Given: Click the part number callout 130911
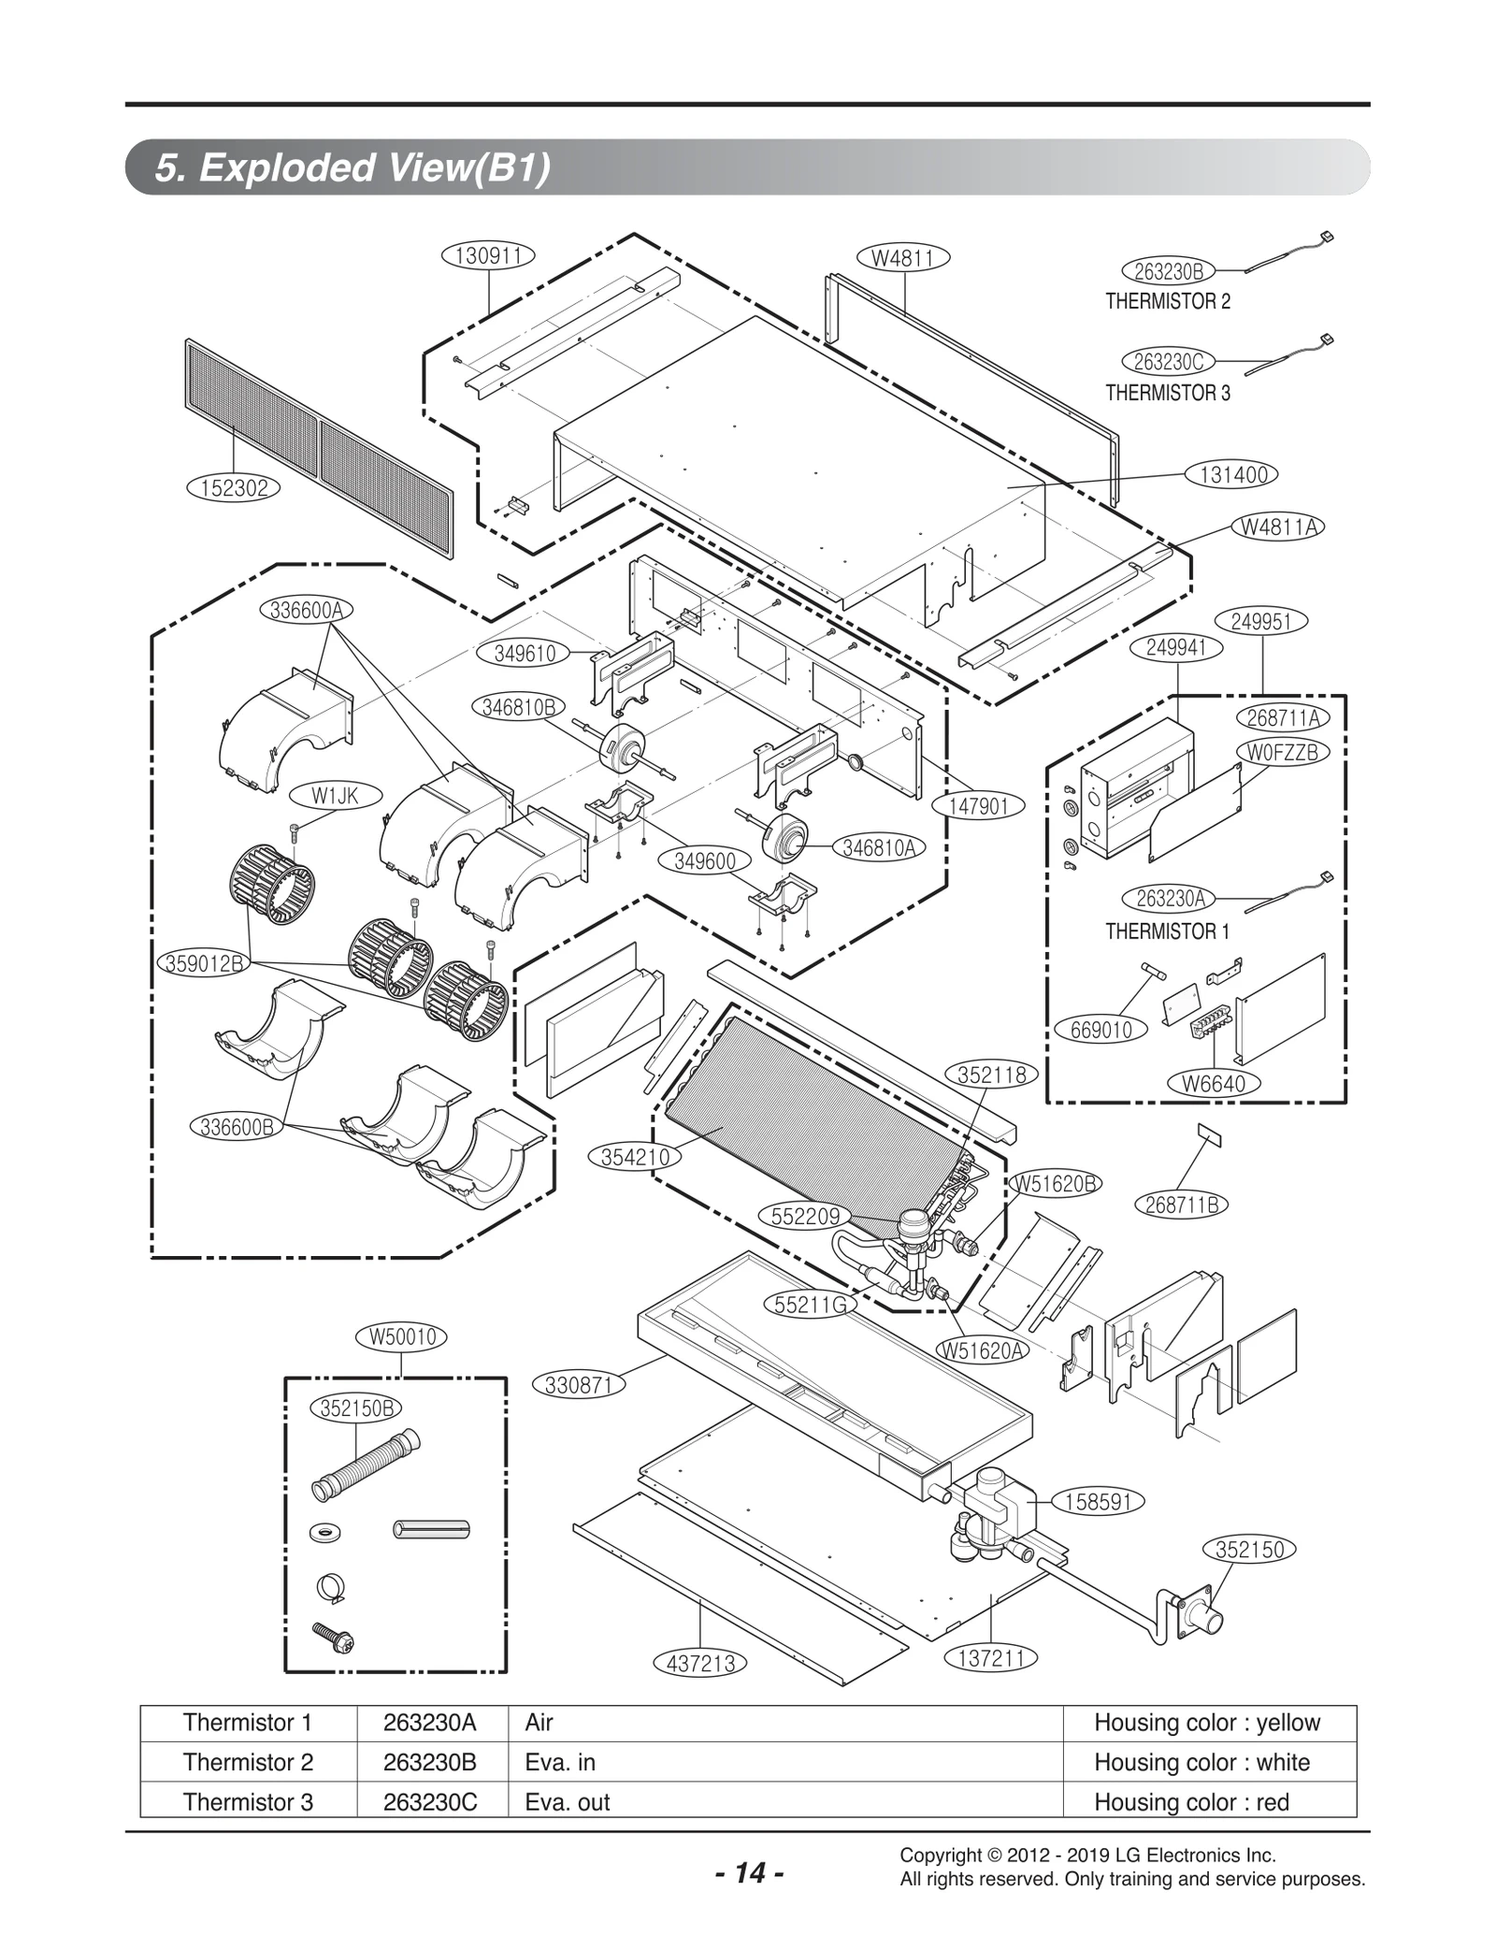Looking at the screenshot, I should tap(488, 255).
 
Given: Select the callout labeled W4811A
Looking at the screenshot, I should tap(1279, 527).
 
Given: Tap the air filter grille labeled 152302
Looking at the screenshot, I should tap(318, 448).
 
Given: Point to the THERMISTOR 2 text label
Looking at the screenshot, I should tap(1168, 302).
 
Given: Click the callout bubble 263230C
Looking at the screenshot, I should tap(1168, 362).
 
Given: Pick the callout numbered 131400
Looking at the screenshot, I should tap(1233, 475).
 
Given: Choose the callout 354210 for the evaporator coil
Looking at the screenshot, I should tap(635, 1158).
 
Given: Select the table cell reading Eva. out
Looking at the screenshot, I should tap(567, 1802).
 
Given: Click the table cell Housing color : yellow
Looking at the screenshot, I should tap(1207, 1723).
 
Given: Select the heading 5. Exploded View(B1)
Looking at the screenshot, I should tap(352, 168).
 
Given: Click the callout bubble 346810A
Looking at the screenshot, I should tap(878, 848).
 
